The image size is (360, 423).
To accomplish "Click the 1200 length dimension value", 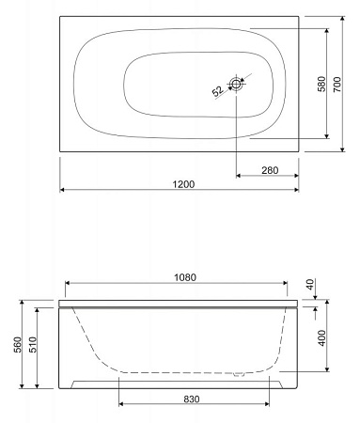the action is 183,184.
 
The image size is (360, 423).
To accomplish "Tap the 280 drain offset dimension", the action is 270,170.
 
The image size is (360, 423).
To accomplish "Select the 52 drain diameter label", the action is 218,91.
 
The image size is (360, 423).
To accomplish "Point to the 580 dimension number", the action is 321,84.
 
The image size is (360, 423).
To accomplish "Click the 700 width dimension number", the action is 337,84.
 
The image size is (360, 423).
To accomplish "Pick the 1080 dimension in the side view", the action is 185,277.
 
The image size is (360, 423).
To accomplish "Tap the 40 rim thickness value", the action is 310,285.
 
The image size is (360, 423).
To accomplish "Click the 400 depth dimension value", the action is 321,337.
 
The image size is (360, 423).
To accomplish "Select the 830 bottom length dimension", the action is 192,399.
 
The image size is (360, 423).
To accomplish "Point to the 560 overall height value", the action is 18,344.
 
